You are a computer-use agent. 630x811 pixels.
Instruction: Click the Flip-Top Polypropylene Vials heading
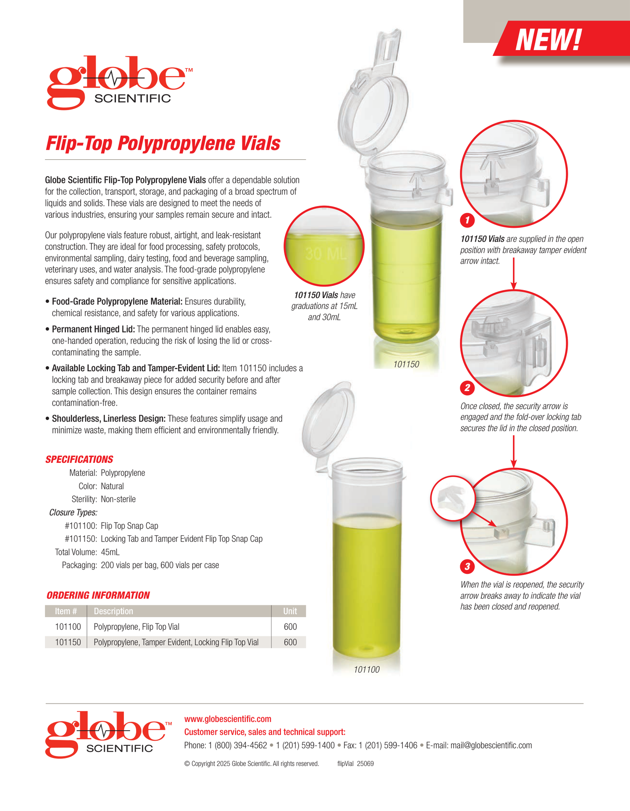[163, 143]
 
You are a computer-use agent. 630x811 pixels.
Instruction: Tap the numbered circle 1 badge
[467, 220]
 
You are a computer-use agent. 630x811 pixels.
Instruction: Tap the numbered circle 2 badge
[467, 388]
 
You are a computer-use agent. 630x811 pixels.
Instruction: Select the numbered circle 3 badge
[467, 566]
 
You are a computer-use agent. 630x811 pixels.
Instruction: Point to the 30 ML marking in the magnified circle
[325, 254]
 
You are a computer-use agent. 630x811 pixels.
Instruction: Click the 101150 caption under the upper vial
[406, 365]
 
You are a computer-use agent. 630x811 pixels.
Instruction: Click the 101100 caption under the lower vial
[366, 670]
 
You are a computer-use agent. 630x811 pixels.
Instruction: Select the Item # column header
[66, 611]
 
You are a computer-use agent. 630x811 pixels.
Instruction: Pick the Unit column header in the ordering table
[290, 611]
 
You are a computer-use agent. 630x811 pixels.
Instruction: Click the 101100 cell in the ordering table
[68, 627]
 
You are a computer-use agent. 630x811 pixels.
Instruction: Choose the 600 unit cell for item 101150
[290, 642]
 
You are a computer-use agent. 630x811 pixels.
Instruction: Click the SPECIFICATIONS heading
[79, 460]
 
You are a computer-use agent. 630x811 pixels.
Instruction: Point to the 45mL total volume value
[110, 552]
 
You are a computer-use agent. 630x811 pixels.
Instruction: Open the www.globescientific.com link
[228, 719]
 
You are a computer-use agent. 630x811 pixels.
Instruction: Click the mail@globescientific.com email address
[491, 745]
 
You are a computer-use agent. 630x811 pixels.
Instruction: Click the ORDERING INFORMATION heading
[98, 595]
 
